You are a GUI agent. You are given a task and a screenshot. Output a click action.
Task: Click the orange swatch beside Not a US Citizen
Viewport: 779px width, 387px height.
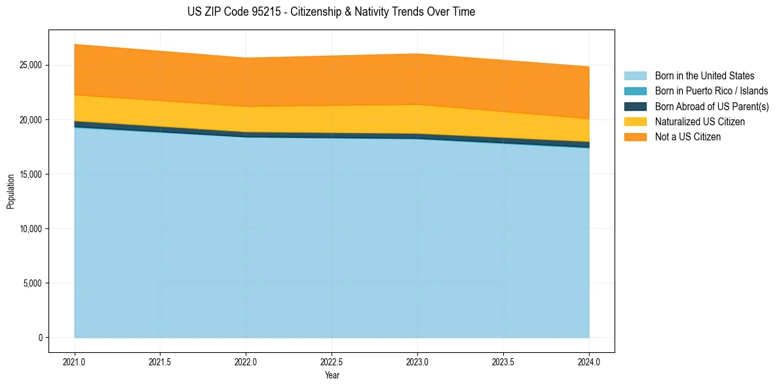click(635, 137)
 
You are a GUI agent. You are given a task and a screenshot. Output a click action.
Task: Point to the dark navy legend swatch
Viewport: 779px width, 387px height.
click(635, 106)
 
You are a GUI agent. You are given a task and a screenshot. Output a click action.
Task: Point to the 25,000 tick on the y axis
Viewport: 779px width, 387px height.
click(31, 66)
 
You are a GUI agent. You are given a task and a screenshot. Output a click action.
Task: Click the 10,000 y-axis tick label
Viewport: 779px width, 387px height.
click(31, 229)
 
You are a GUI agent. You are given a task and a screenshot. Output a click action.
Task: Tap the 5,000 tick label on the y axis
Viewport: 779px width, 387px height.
click(33, 283)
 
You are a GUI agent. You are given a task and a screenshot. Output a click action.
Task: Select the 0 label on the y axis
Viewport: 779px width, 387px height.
click(41, 338)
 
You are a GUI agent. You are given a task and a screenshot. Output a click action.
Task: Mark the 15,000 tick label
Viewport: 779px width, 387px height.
click(31, 174)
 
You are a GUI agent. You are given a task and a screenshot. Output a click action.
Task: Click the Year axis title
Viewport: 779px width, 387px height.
click(332, 376)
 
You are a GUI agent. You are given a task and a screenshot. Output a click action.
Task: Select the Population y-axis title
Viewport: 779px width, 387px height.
click(10, 192)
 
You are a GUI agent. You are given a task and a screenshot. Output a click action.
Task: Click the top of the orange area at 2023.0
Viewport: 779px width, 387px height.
click(417, 54)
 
